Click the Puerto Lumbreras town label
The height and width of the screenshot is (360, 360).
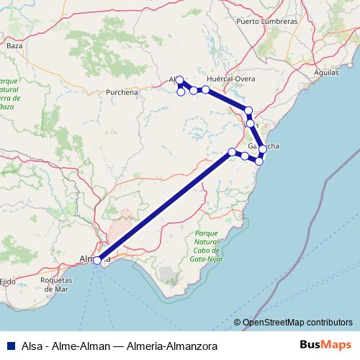[266, 22]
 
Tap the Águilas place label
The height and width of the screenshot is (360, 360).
[328, 73]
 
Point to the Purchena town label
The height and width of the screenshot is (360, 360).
[122, 92]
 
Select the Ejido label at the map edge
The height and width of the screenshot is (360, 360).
[8, 280]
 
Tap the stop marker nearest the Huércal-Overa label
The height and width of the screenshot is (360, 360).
[205, 89]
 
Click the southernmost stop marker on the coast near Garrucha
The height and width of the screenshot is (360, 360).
[258, 161]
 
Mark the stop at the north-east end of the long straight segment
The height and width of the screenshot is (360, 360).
[232, 151]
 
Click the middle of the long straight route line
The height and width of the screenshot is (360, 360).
[164, 206]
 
